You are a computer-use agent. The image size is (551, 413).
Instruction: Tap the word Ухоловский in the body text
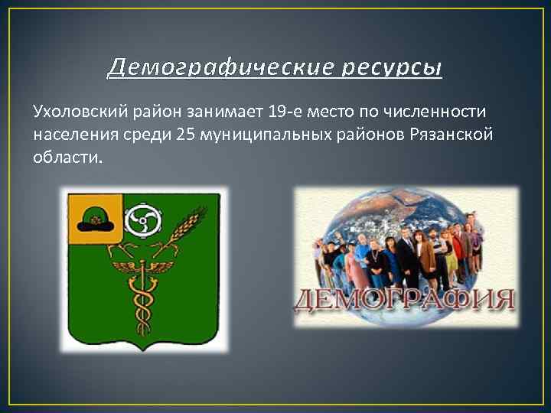pos(77,112)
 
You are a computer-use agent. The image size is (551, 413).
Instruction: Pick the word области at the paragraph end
pos(67,158)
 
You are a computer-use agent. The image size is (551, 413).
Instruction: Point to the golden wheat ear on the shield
pos(184,229)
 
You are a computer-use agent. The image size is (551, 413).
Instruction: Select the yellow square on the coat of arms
pos(95,217)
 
